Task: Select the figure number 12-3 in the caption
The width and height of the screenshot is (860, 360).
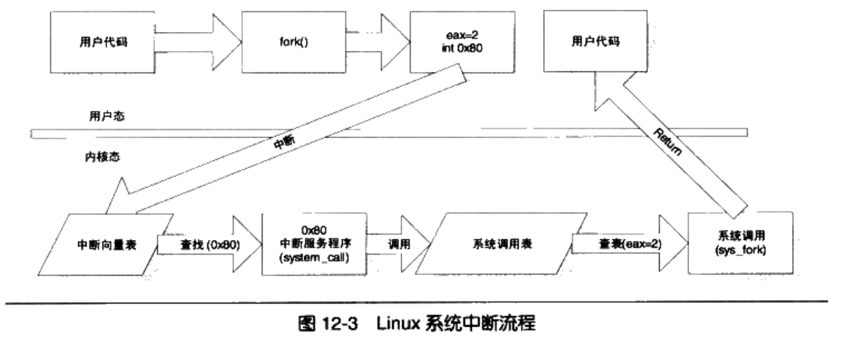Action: pyautogui.click(x=347, y=326)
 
